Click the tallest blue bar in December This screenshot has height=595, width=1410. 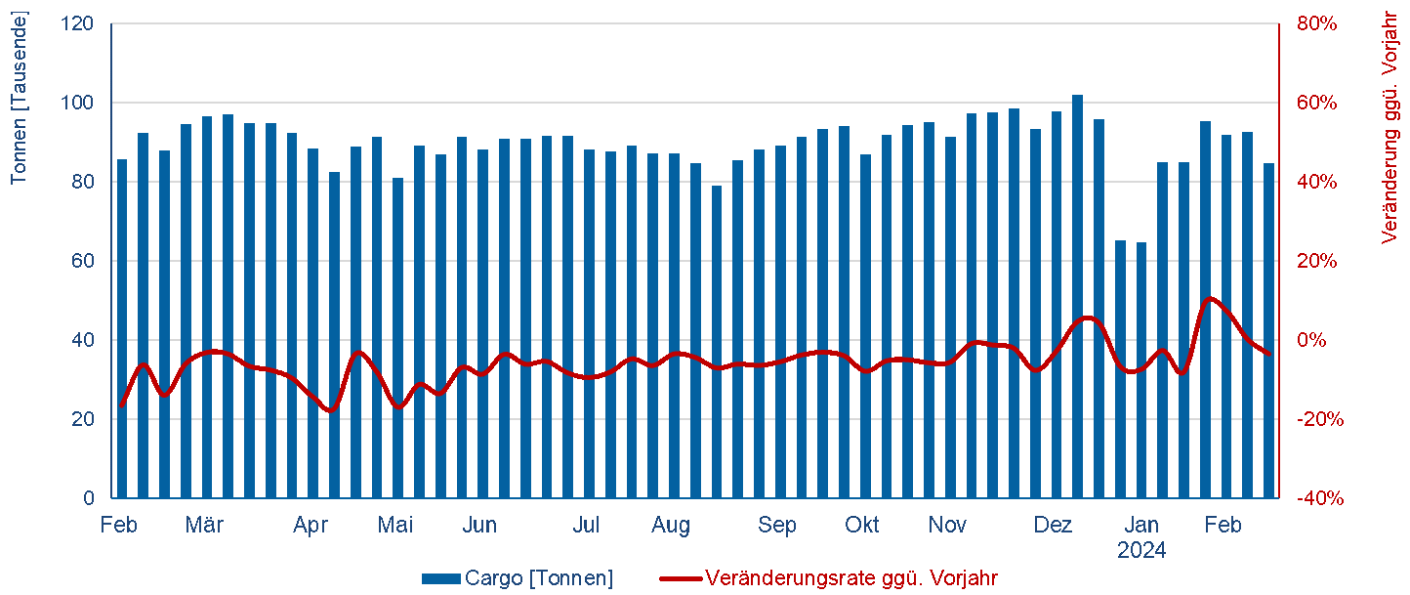click(x=1077, y=293)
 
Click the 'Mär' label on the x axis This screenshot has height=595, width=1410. click(x=204, y=526)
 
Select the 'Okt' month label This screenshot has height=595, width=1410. click(x=862, y=526)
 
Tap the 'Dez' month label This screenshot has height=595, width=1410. click(x=1053, y=526)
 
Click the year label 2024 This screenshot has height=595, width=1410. click(x=1141, y=551)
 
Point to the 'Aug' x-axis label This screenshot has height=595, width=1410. click(x=671, y=526)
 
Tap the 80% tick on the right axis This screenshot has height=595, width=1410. click(x=1317, y=23)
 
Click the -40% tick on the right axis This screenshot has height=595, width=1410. click(x=1319, y=498)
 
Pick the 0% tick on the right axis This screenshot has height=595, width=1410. click(x=1311, y=340)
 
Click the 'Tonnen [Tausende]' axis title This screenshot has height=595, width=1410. click(x=19, y=98)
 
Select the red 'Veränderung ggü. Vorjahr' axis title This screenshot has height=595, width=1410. click(x=1390, y=127)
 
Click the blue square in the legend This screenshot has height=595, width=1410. click(x=440, y=578)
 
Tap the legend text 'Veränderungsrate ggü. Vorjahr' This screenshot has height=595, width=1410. click(x=851, y=578)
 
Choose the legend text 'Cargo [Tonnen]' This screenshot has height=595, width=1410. click(x=539, y=578)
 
